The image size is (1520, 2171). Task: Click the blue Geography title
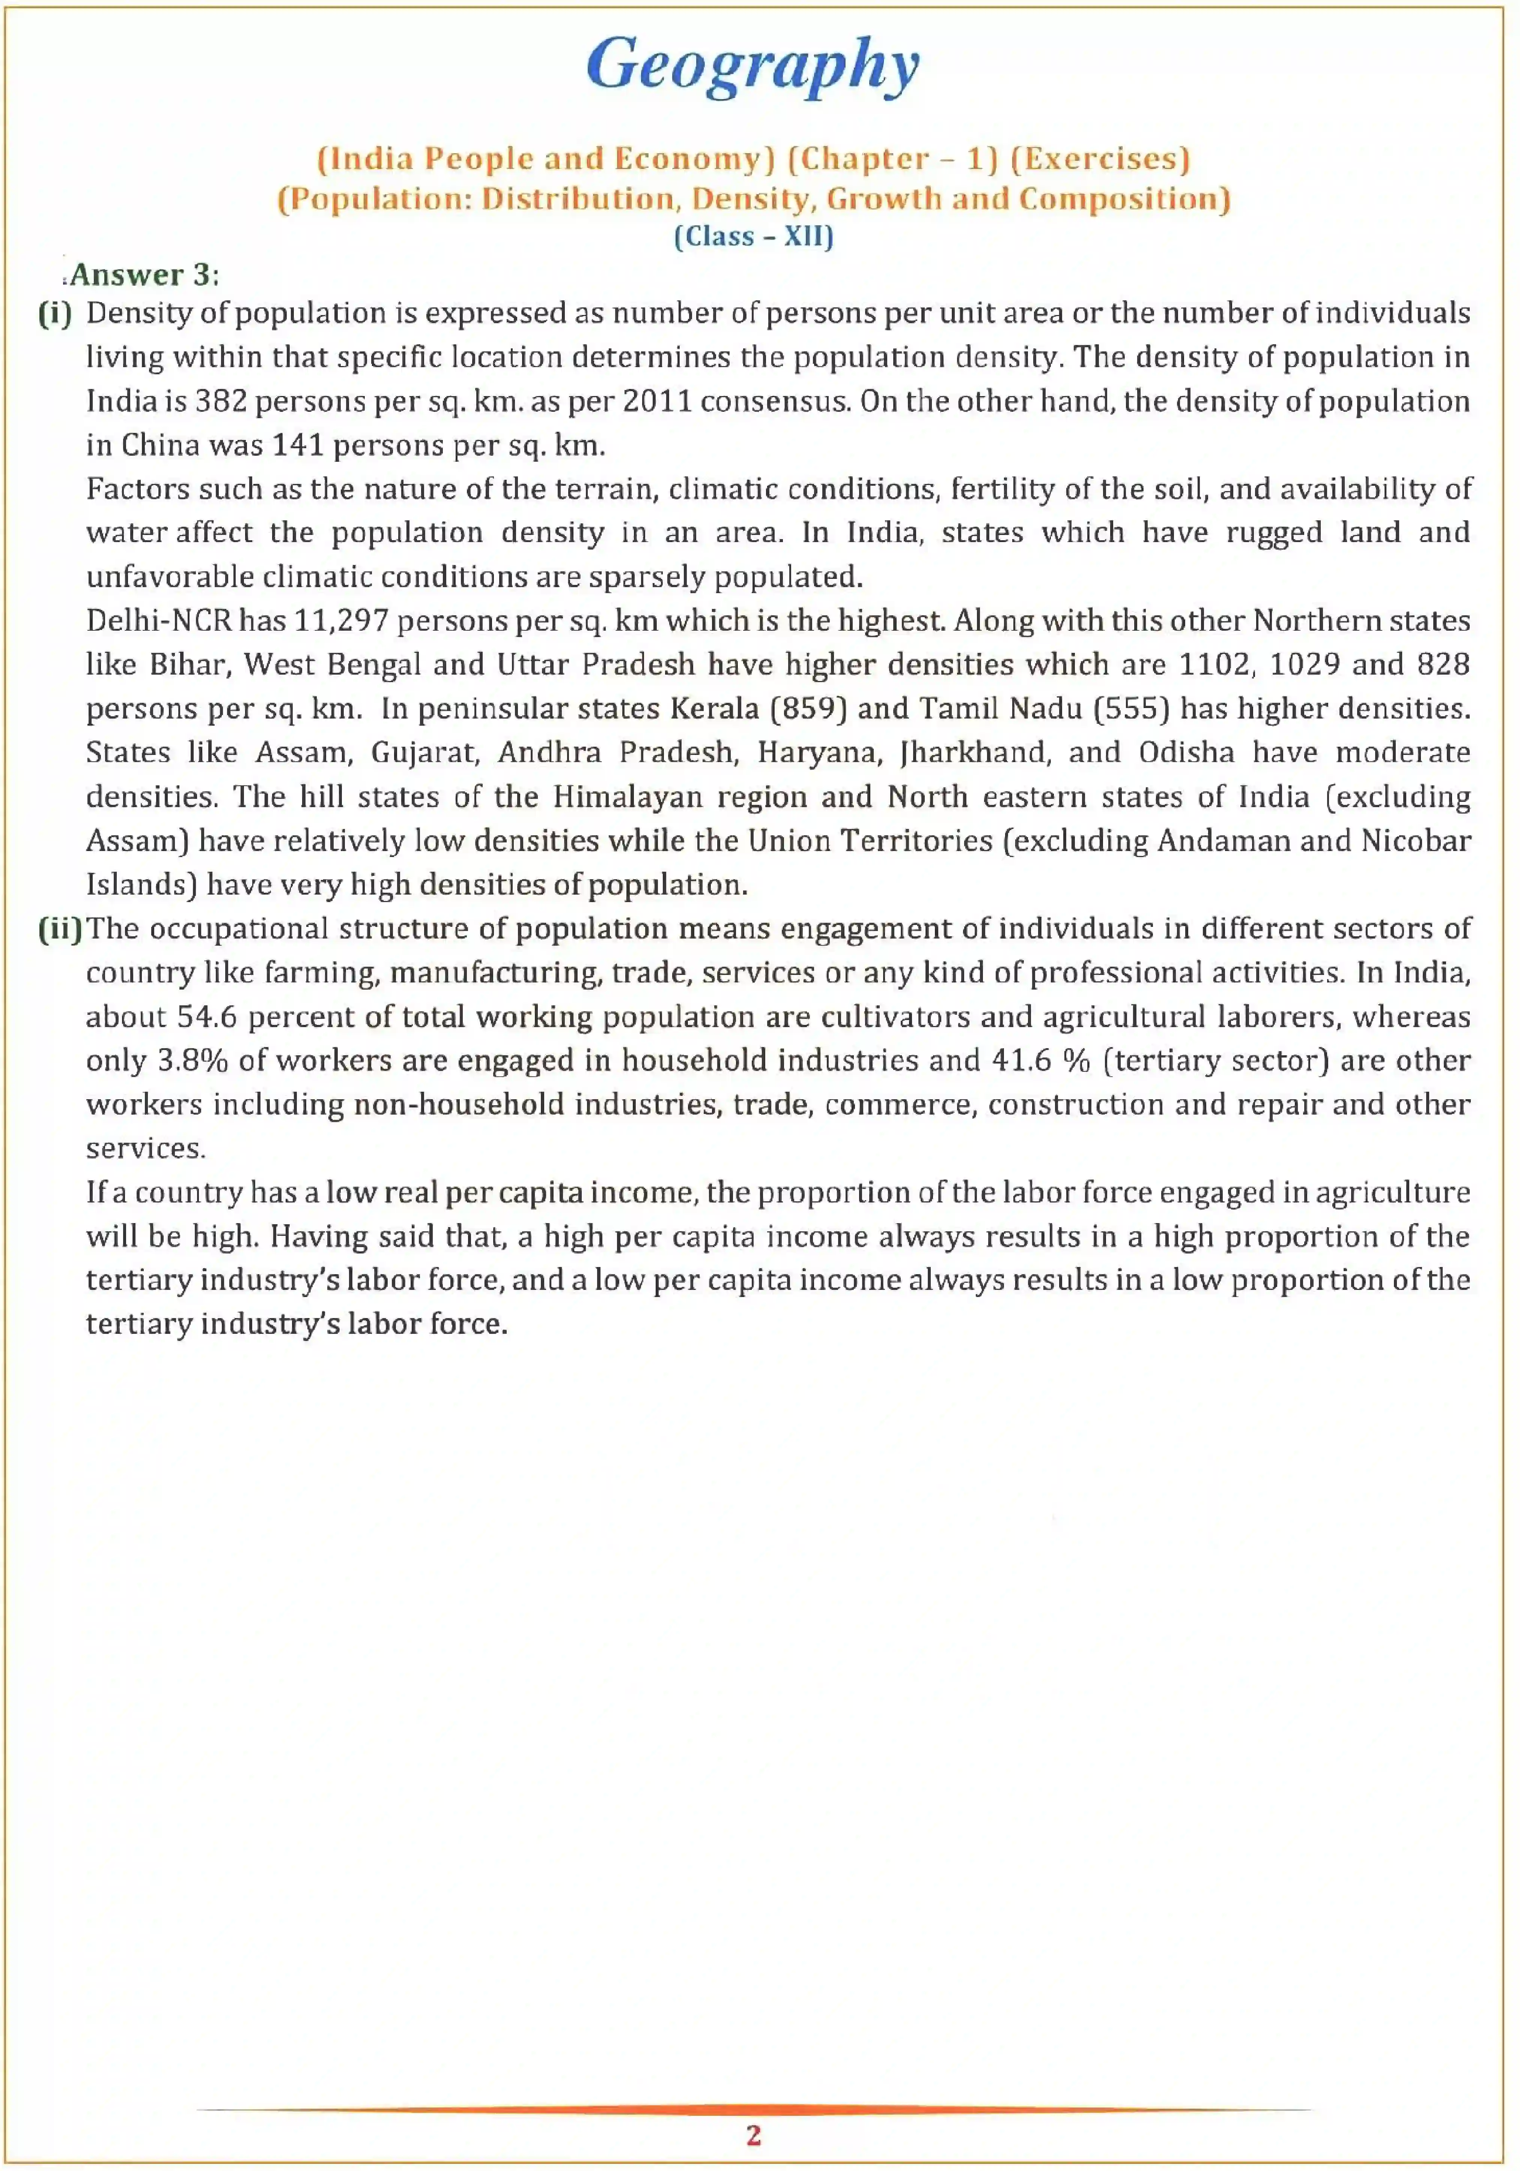752,64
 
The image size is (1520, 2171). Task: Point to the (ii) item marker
60,928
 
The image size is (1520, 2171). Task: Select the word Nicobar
1415,841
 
